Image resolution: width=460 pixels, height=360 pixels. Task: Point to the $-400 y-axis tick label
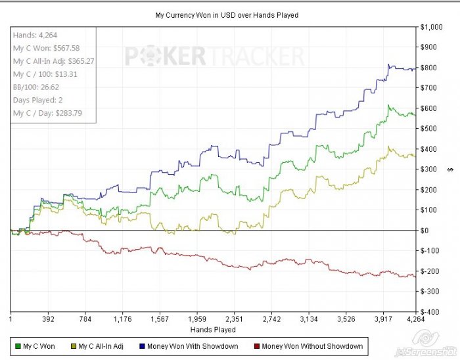[435, 311]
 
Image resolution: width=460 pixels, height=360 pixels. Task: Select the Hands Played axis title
[213, 329]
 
